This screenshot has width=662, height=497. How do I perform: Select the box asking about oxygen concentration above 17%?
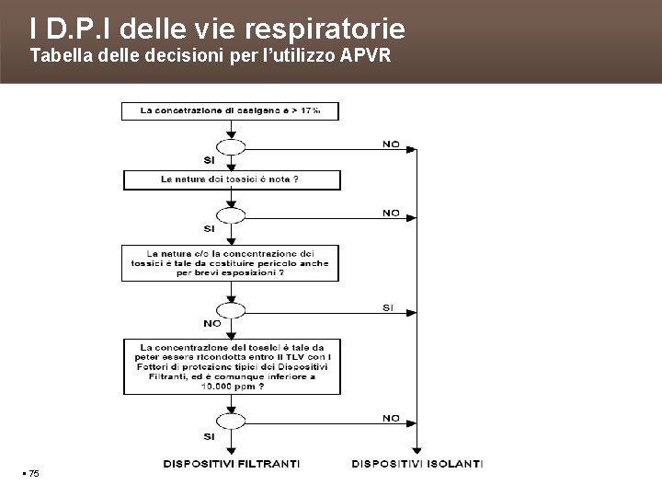(x=230, y=110)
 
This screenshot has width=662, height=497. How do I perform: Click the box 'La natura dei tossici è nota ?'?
(x=230, y=179)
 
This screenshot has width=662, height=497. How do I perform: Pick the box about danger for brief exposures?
(x=230, y=262)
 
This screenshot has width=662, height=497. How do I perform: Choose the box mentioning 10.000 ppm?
(x=230, y=366)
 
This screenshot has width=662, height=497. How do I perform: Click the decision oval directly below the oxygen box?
(x=230, y=146)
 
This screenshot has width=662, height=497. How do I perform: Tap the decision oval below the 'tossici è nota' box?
(x=230, y=215)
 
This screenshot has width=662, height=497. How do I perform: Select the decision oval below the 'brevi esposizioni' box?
(x=230, y=309)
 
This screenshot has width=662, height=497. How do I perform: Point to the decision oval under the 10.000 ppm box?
(x=230, y=421)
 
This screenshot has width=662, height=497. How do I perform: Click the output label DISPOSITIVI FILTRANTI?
(x=230, y=463)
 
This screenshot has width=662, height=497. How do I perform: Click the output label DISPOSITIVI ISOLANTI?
(x=417, y=463)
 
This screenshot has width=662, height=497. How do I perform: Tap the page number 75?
(x=33, y=473)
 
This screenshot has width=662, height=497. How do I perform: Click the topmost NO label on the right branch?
(x=391, y=144)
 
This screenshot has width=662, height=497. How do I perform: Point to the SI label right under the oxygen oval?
(x=210, y=161)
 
